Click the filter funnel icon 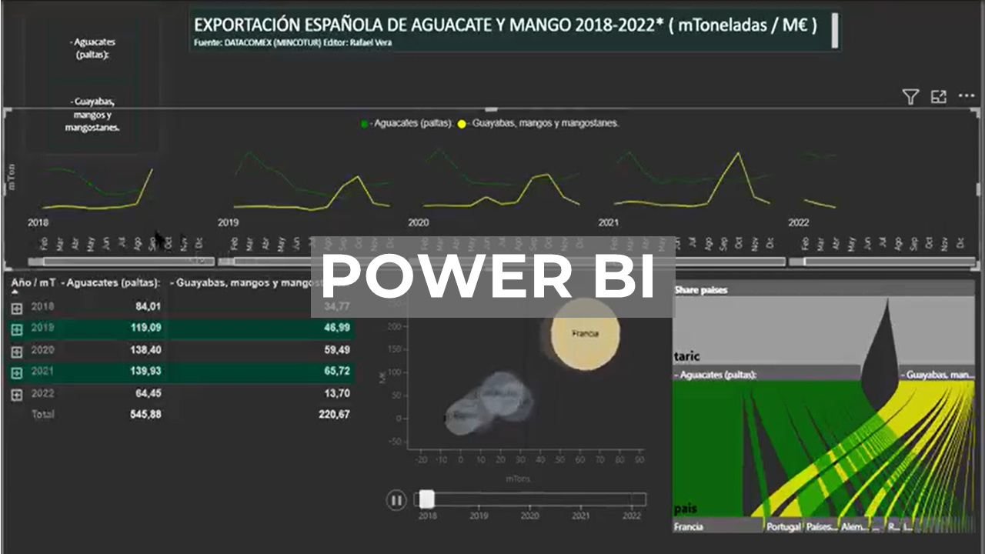910,97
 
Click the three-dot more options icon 967,96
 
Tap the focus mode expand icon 938,97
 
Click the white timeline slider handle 426,499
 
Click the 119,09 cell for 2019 145,328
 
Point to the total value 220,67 334,415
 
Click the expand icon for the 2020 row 17,352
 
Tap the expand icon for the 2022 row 17,395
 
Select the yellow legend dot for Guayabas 462,123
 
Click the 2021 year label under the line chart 609,223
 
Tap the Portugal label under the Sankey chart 783,527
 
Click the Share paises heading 700,290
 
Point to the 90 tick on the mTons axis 639,460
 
